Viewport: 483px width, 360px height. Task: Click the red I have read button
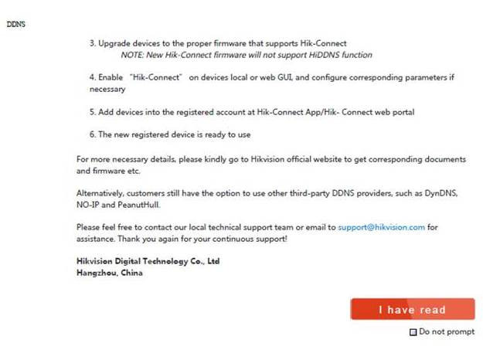click(412, 309)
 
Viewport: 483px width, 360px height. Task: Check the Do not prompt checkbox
click(413, 332)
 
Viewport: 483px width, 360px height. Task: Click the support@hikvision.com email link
click(381, 228)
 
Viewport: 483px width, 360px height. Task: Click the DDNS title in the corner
click(16, 24)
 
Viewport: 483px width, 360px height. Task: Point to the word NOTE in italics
click(132, 55)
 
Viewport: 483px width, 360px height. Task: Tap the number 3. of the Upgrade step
click(92, 43)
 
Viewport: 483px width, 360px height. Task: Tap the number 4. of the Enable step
click(92, 78)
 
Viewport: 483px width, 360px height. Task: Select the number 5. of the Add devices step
click(92, 112)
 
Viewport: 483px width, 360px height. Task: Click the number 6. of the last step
click(92, 134)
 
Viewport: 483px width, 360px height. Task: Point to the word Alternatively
click(103, 193)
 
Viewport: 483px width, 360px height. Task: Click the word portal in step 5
click(402, 112)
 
